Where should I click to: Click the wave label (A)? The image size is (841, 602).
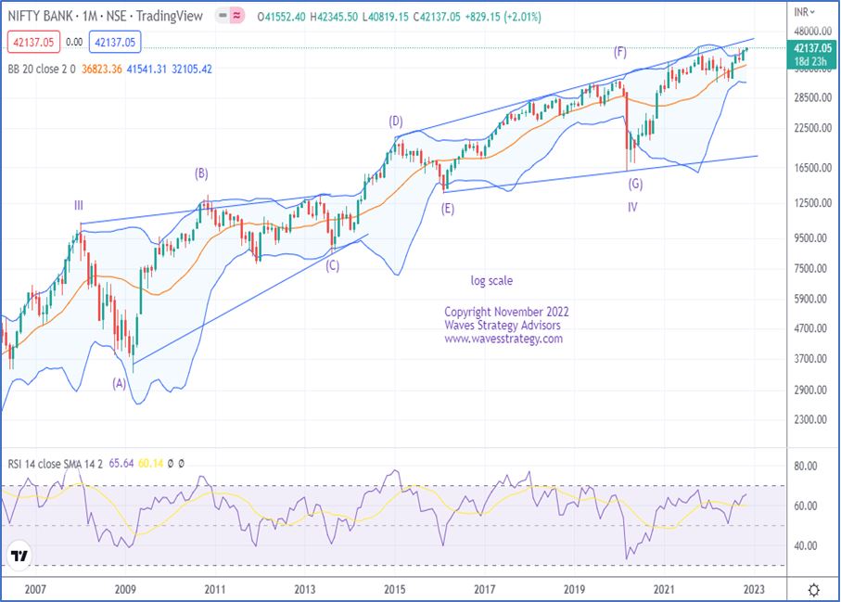pyautogui.click(x=119, y=382)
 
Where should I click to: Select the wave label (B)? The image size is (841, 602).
pyautogui.click(x=200, y=173)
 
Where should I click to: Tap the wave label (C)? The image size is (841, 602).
pyautogui.click(x=332, y=265)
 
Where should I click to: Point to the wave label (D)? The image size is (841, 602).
pyautogui.click(x=396, y=121)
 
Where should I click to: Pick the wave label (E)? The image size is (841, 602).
pyautogui.click(x=448, y=210)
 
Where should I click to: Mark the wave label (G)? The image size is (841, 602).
pyautogui.click(x=634, y=184)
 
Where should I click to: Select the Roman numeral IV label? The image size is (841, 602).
pyautogui.click(x=632, y=207)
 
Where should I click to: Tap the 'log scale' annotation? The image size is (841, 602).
pyautogui.click(x=491, y=280)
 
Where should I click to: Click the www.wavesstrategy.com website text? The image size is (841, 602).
pyautogui.click(x=503, y=339)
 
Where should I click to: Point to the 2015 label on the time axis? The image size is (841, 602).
pyautogui.click(x=395, y=589)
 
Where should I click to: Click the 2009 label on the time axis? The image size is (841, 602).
pyautogui.click(x=125, y=589)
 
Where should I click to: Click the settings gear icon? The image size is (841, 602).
pyautogui.click(x=813, y=590)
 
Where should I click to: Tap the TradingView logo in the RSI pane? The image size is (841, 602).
pyautogui.click(x=19, y=556)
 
